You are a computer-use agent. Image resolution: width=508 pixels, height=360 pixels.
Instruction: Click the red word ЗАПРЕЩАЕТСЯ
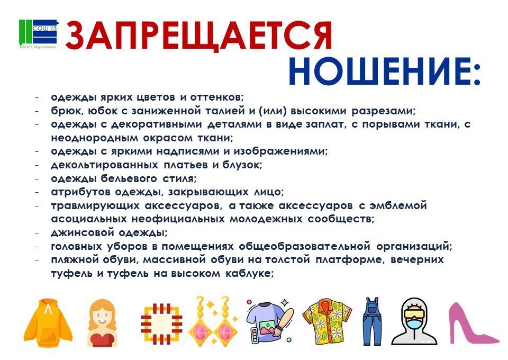[199, 36]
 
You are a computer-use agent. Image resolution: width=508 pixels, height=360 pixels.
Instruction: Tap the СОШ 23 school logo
[38, 34]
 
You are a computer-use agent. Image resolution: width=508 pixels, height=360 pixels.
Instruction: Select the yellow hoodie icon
[48, 322]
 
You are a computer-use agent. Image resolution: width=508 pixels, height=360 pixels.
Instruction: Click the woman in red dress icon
[102, 323]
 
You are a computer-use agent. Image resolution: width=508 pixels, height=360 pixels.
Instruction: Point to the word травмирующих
[95, 206]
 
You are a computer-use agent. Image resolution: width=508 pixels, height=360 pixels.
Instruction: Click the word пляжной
[75, 260]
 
